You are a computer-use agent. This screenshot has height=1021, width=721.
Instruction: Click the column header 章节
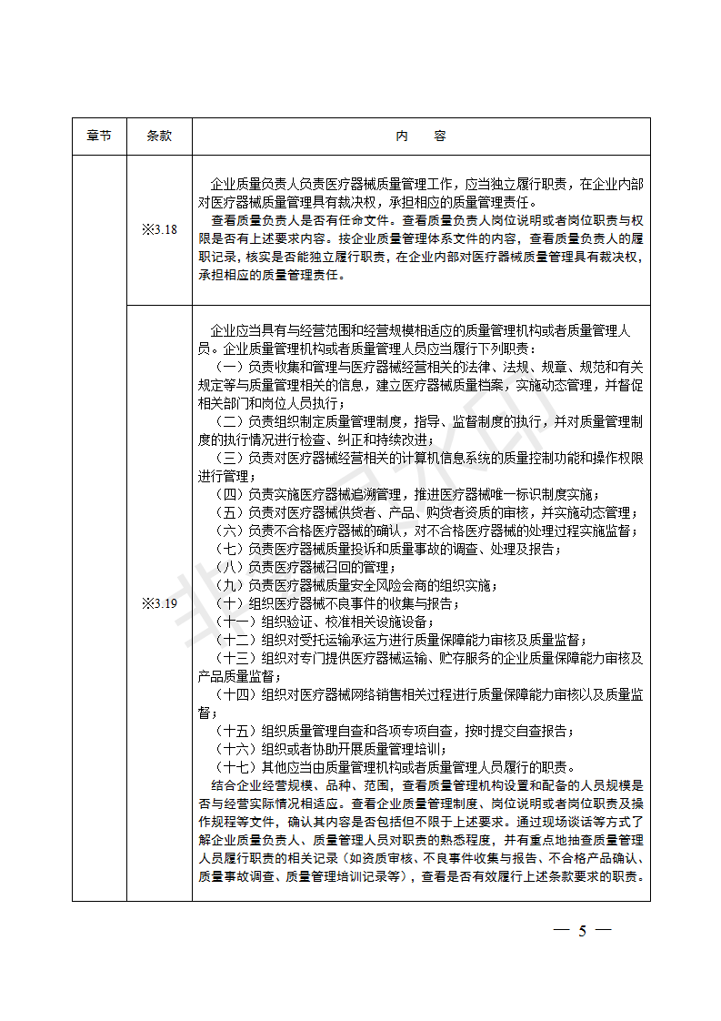(x=99, y=136)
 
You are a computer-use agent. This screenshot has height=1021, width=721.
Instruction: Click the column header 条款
(x=159, y=136)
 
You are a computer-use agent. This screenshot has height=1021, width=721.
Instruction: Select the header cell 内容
(x=421, y=136)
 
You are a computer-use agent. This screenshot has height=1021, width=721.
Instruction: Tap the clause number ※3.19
(x=159, y=603)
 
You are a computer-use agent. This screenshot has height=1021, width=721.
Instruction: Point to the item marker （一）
(x=229, y=366)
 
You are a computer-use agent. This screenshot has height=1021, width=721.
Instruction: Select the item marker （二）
(x=229, y=421)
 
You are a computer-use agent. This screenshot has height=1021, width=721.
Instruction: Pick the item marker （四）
(x=229, y=494)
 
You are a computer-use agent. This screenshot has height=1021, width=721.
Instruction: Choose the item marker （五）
(x=229, y=512)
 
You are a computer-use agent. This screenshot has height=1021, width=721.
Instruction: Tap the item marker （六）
(x=229, y=531)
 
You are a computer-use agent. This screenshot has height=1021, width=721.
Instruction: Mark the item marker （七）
(x=229, y=549)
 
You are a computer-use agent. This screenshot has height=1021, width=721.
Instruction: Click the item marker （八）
(x=229, y=567)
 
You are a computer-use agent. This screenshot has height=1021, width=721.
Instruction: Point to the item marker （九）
(x=229, y=585)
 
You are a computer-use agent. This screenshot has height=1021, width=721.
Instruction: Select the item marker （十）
(x=229, y=603)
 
